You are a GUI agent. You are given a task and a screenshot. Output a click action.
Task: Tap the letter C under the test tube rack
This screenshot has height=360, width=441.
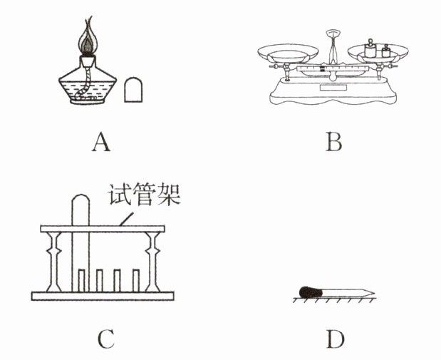(x=105, y=339)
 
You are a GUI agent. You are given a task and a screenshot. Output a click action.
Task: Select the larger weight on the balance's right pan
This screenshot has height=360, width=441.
(x=370, y=50)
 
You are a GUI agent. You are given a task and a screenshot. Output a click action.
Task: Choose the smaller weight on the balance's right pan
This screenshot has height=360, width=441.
(x=387, y=52)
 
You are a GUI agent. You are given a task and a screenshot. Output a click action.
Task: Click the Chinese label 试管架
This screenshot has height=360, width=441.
(x=143, y=195)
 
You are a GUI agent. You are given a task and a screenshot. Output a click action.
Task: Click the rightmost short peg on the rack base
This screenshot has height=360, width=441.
(x=135, y=280)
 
